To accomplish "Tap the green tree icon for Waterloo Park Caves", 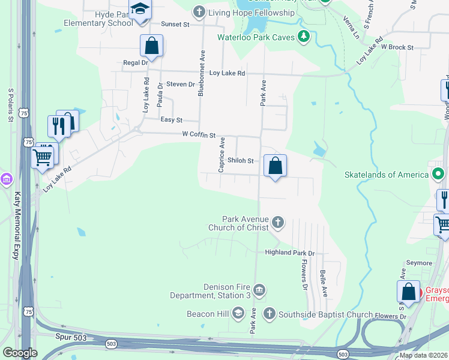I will [x=304, y=37].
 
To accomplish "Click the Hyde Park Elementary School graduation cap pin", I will [x=140, y=10].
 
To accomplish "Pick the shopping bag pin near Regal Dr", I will [x=152, y=46].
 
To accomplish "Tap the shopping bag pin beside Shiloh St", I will [x=275, y=166].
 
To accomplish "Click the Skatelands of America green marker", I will [x=439, y=175].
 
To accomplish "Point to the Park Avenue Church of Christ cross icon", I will [x=277, y=223].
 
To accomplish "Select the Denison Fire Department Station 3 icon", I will [x=259, y=291].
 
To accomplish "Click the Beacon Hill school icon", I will [x=238, y=313].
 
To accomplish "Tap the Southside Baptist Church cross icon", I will [x=270, y=313].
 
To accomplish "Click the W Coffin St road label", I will [x=199, y=136].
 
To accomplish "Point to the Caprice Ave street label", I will [x=221, y=155].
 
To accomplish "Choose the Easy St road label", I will [x=171, y=120].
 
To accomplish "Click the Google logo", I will [x=20, y=353].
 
